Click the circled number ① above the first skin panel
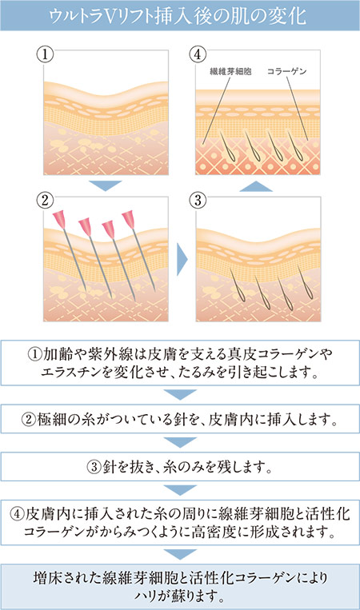tap(45, 54)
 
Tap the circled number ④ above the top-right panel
tap(198, 54)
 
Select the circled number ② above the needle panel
tap(45, 201)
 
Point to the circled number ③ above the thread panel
tap(198, 201)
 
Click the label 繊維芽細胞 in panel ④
tap(230, 71)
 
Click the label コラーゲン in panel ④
tap(287, 71)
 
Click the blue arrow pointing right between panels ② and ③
tap(182, 259)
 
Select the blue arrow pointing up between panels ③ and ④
tap(256, 186)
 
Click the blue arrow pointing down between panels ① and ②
tap(105, 185)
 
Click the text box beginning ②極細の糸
tap(180, 419)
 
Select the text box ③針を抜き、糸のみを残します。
tap(180, 466)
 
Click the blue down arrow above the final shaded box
tap(180, 554)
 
